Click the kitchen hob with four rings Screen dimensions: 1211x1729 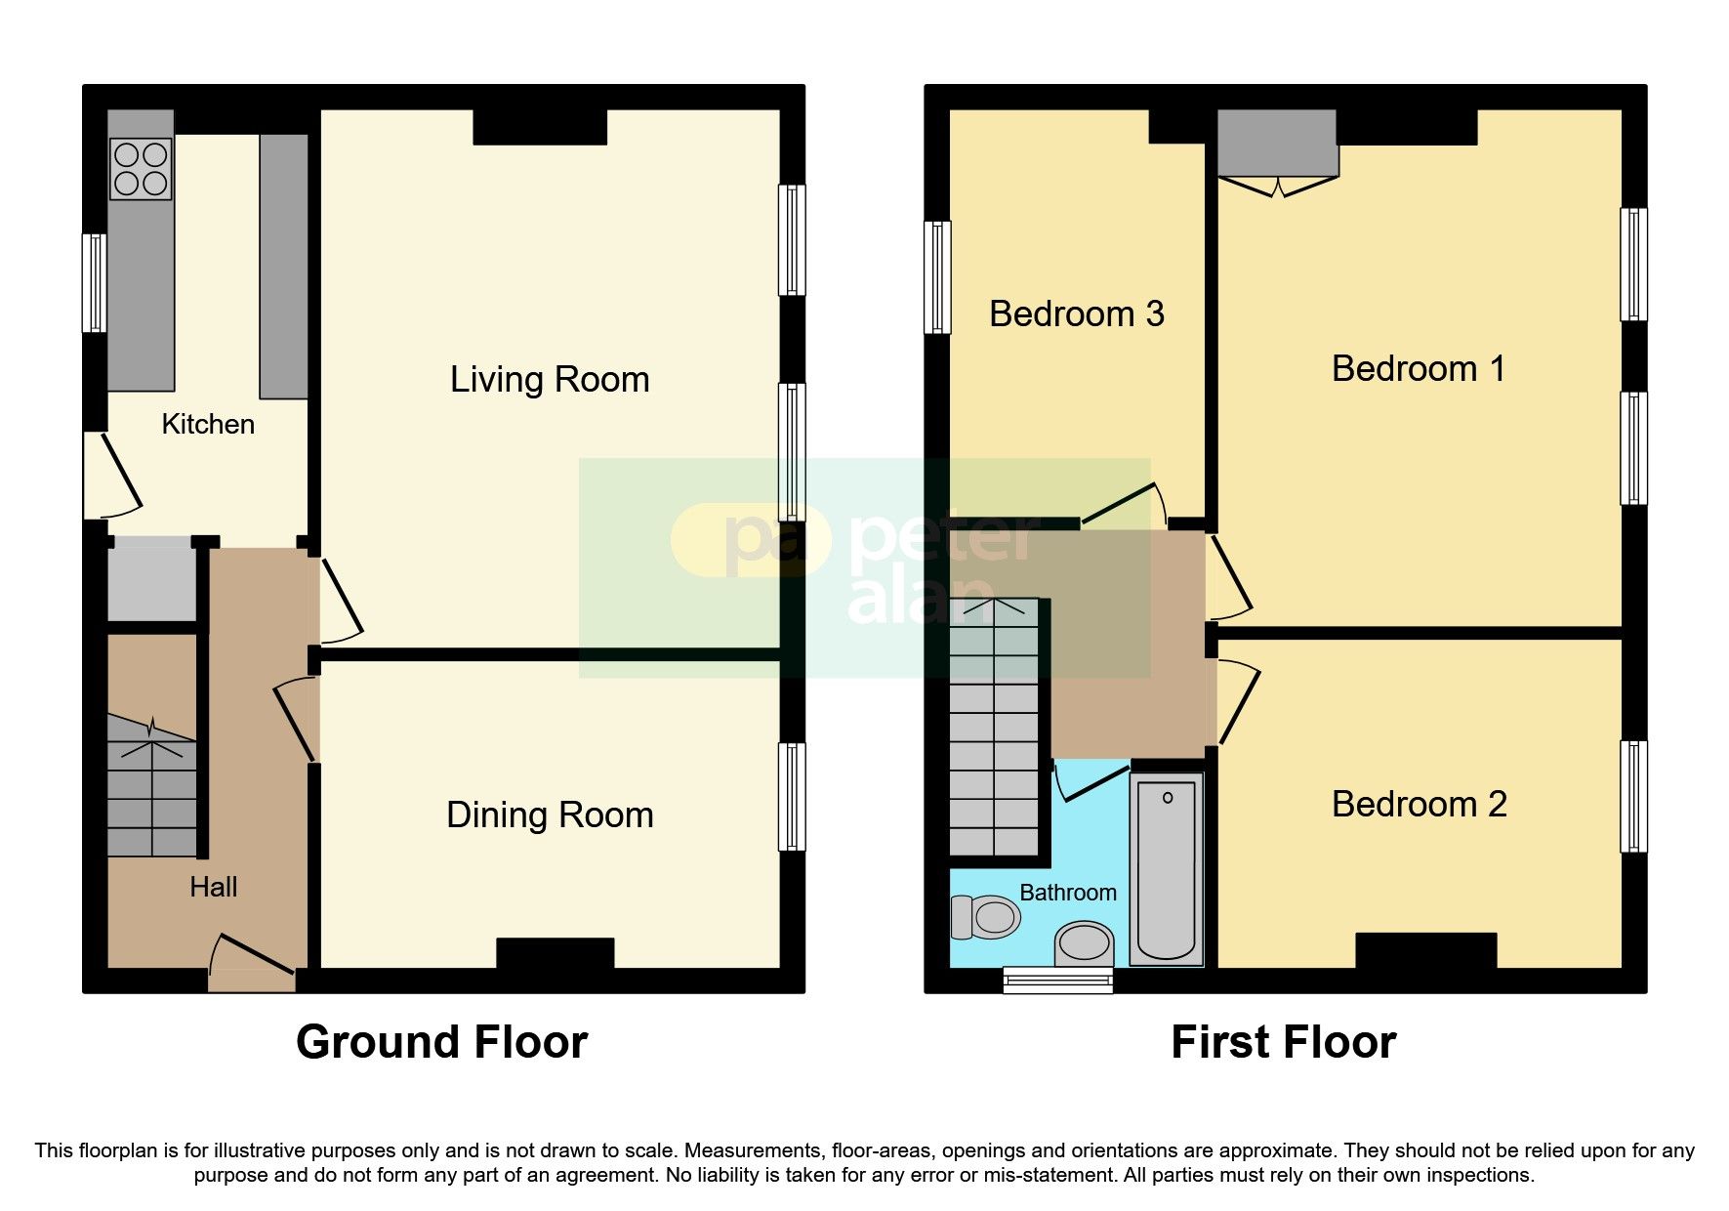[x=141, y=169]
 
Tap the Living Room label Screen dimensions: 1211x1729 [x=550, y=380]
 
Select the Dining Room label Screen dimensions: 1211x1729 [x=550, y=815]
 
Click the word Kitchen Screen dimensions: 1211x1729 [x=208, y=424]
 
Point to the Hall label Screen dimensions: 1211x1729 [x=213, y=887]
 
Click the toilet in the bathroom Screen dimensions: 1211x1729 [x=986, y=917]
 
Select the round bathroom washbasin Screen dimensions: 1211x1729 [x=1085, y=944]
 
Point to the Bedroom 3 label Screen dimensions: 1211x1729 [x=1076, y=314]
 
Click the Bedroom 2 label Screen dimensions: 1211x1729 [x=1419, y=805]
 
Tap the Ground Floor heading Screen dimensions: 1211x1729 [x=441, y=1042]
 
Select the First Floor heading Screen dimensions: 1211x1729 [x=1283, y=1042]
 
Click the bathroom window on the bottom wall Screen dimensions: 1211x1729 [x=1058, y=980]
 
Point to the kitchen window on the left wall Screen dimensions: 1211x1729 [x=94, y=282]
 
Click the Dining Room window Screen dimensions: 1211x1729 [x=792, y=797]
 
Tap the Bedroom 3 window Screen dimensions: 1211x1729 [x=937, y=277]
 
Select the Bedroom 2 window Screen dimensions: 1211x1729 [x=1633, y=796]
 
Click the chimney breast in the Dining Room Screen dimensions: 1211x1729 [x=556, y=952]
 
